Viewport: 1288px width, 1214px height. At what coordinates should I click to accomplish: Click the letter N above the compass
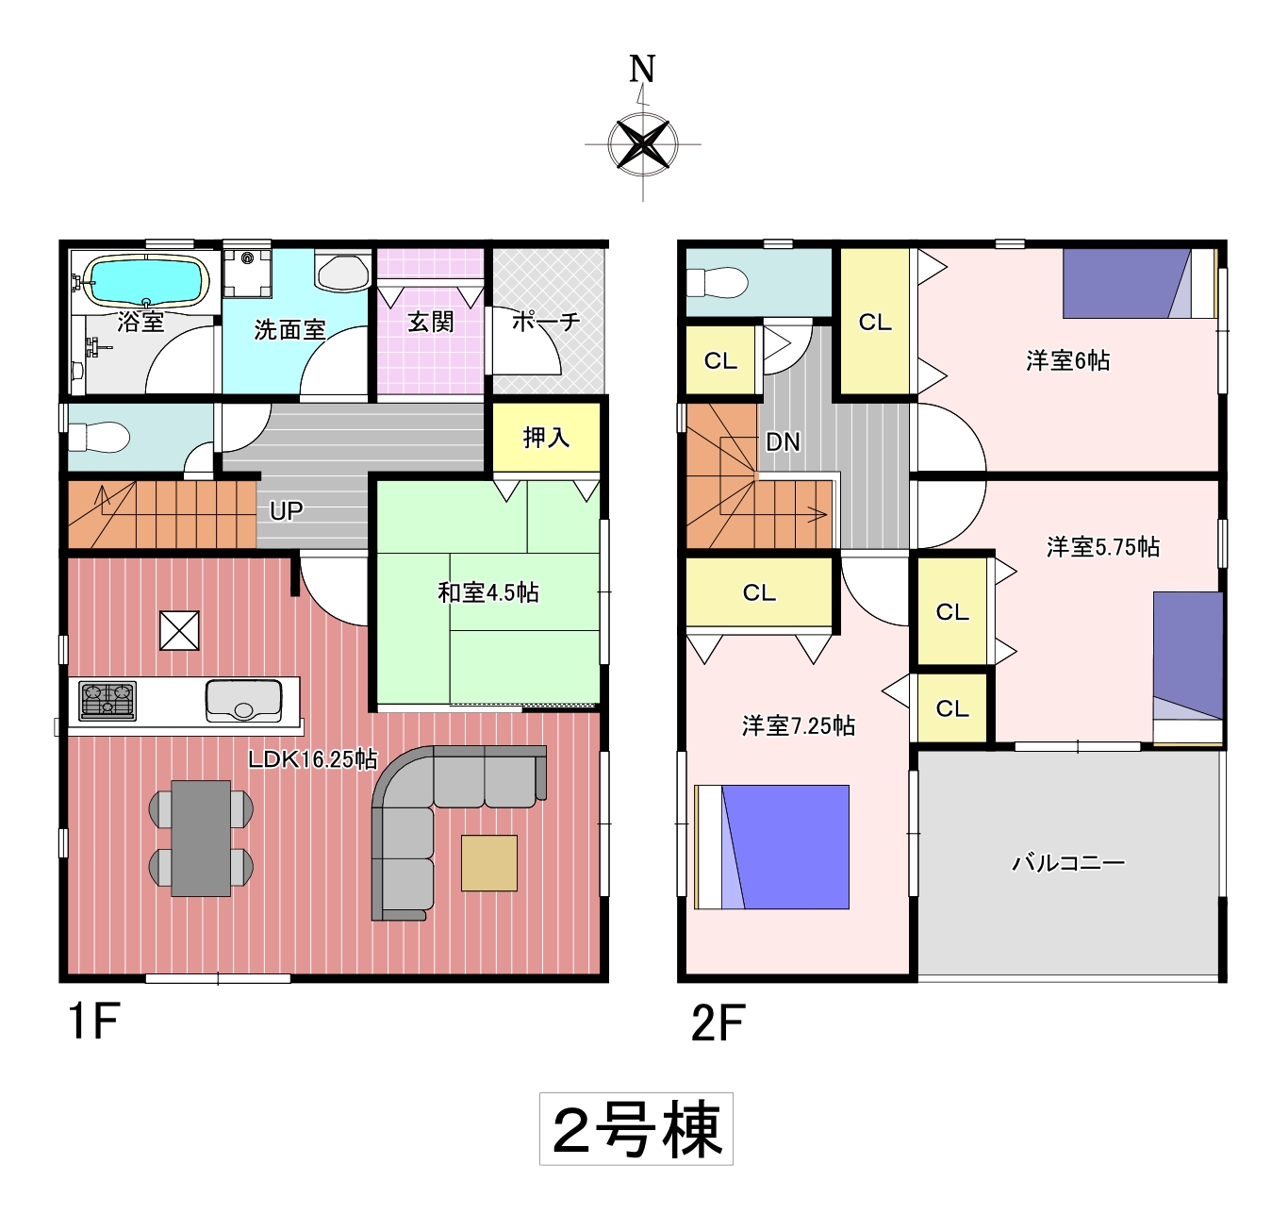[x=642, y=69]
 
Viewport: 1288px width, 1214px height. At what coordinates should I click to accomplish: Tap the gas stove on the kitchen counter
[x=107, y=700]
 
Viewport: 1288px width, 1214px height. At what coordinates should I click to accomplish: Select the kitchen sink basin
[x=243, y=701]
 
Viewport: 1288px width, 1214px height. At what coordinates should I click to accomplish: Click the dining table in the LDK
[x=201, y=839]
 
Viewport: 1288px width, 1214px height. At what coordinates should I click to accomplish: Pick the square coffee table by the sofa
[x=489, y=863]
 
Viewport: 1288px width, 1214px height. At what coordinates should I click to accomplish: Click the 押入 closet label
[x=546, y=438]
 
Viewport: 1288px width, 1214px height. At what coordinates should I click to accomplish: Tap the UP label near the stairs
[x=286, y=511]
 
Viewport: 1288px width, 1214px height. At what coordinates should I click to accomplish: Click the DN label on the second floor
[x=783, y=441]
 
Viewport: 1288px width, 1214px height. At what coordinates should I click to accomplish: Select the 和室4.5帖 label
[x=488, y=592]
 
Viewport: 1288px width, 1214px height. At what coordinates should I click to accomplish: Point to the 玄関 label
[x=431, y=322]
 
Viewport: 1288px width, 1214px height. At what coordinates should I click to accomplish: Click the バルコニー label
[x=1069, y=862]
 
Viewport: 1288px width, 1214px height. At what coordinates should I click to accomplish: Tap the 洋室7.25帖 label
[x=799, y=725]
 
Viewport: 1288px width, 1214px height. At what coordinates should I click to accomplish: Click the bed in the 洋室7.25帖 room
[x=771, y=847]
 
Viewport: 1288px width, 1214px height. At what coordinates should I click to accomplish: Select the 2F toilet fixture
[x=717, y=283]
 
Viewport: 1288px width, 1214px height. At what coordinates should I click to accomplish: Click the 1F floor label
[x=94, y=1022]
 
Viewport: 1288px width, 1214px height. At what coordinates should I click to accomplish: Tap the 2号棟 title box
[x=636, y=1129]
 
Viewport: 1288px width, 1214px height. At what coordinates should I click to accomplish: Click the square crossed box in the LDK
[x=180, y=630]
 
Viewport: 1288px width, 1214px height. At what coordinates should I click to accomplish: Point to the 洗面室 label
[x=289, y=329]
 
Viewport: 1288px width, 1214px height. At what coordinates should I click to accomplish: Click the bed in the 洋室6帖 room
[x=1140, y=284]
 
